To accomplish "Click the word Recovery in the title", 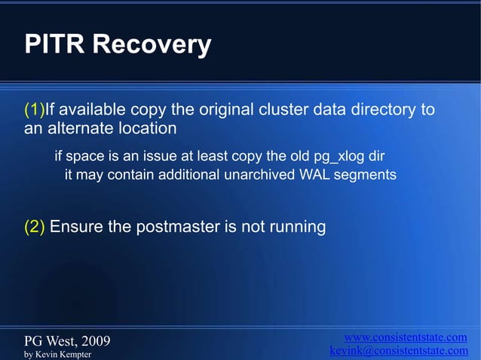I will click(152, 45).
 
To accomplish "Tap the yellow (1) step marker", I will click(35, 110).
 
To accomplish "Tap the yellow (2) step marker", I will click(35, 227).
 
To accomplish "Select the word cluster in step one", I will click(280, 110).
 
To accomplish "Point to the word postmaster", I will click(178, 227).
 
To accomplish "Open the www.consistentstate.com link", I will click(405, 337).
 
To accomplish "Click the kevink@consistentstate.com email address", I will click(399, 351).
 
